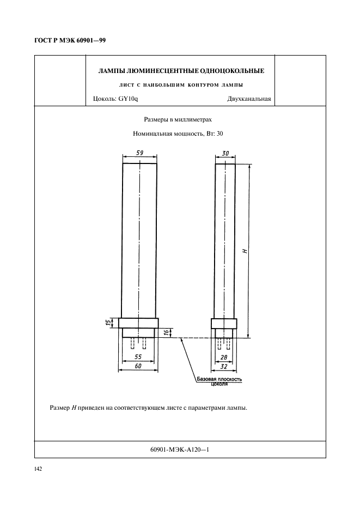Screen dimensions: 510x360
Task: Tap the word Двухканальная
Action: [x=249, y=99]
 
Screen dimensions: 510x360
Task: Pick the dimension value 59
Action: [x=140, y=153]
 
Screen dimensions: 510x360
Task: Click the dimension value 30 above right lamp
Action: [x=225, y=153]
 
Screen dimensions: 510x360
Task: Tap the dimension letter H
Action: [x=245, y=251]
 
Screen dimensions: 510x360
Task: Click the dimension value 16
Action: [x=167, y=332]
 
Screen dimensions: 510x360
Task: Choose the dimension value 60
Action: [x=138, y=367]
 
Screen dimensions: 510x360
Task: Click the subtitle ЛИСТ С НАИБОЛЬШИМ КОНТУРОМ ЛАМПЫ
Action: [x=180, y=85]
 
